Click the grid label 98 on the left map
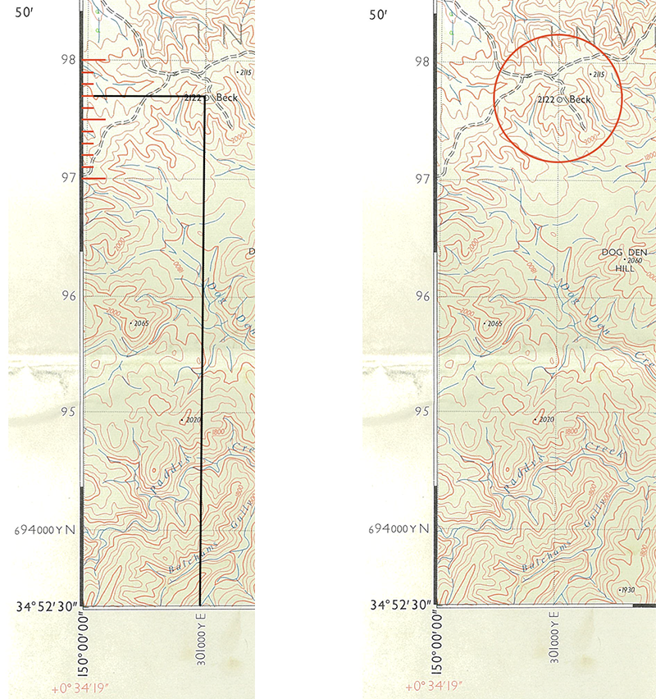(x=67, y=60)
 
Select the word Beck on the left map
(x=226, y=98)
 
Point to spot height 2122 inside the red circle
(x=546, y=99)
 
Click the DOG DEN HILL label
(x=625, y=259)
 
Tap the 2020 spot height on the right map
(x=544, y=420)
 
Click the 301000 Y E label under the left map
(x=202, y=639)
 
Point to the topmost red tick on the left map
(x=92, y=60)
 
